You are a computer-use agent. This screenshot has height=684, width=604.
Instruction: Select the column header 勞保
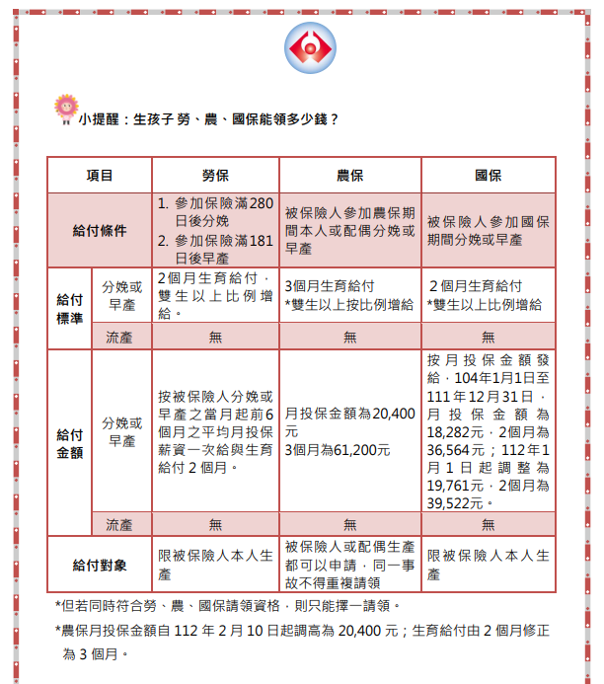click(215, 176)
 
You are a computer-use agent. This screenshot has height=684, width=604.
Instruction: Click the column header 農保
click(350, 176)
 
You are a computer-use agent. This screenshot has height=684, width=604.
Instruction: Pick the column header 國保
click(488, 176)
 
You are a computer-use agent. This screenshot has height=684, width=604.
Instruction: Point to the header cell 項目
click(100, 176)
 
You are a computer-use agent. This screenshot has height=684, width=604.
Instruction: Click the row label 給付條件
click(100, 230)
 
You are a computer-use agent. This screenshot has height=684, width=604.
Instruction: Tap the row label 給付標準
click(69, 306)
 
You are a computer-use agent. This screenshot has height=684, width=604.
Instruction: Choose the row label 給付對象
click(100, 566)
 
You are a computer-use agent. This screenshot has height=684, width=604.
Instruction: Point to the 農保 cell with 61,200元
click(350, 431)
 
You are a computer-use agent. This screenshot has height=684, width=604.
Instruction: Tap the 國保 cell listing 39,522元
click(488, 431)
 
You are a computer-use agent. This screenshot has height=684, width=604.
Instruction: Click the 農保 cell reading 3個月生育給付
click(350, 295)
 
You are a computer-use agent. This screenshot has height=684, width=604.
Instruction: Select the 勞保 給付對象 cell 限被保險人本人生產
click(215, 565)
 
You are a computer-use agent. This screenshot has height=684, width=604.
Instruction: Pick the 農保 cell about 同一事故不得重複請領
click(350, 565)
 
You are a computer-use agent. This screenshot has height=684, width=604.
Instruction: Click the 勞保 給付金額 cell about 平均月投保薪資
click(215, 431)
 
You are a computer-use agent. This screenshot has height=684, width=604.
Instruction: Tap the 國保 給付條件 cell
click(488, 230)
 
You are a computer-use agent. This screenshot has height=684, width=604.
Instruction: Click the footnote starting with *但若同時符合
click(227, 605)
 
